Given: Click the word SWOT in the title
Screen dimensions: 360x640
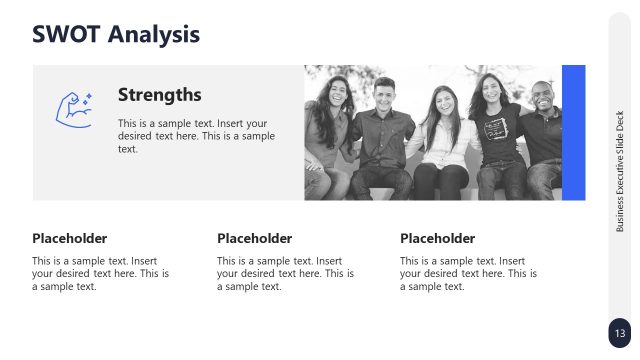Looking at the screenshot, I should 67,34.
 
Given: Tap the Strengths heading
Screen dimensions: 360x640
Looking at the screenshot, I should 160,95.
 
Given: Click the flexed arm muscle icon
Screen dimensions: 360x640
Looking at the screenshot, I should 73,108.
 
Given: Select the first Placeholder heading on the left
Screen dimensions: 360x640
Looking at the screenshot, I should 69,238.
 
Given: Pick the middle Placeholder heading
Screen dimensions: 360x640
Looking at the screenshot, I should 254,238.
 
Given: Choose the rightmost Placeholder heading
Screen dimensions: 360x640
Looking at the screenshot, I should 437,238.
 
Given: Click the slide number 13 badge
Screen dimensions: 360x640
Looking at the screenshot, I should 619,333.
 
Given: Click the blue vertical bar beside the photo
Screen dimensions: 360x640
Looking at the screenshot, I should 573,132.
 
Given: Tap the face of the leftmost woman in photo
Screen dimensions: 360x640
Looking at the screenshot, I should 333,93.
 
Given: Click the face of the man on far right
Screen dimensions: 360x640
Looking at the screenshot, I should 541,97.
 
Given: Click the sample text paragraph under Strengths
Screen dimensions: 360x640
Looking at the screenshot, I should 196,136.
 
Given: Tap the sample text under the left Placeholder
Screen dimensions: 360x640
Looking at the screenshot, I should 100,273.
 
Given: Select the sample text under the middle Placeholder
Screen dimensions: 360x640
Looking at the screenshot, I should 285,273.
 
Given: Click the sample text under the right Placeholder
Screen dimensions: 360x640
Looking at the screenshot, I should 468,273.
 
